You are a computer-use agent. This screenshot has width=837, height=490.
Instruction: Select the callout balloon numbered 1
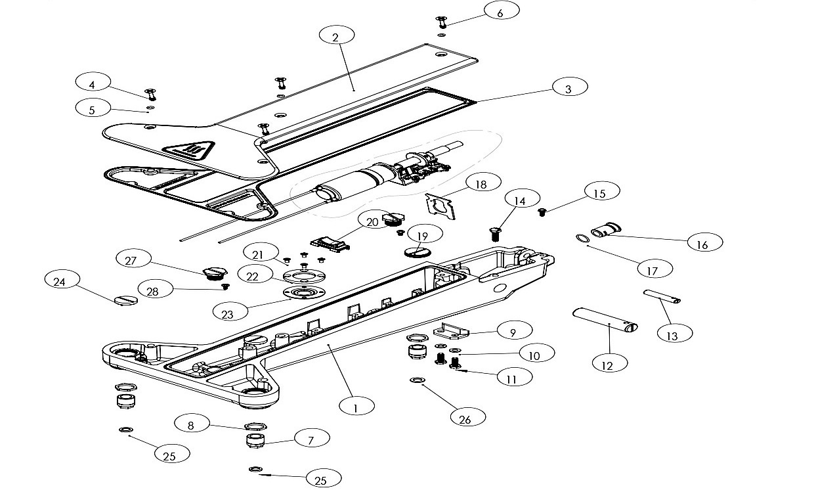[x=356, y=407]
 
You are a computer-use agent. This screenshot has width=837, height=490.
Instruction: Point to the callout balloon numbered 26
[x=467, y=418]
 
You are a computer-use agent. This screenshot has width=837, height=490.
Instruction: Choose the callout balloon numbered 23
[x=230, y=313]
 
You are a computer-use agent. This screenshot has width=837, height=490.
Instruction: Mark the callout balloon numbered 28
[x=156, y=290]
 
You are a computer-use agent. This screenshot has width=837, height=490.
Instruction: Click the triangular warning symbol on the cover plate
[x=188, y=151]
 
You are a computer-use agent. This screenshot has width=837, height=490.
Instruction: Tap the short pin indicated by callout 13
[x=662, y=296]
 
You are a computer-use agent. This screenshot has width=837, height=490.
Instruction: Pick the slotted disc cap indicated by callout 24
[x=125, y=300]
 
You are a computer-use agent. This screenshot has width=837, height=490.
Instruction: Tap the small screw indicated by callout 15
[x=542, y=212]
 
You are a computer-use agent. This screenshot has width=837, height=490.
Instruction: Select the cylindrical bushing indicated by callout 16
[x=606, y=229]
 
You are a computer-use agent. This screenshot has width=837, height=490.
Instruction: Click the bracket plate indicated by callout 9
[x=451, y=331]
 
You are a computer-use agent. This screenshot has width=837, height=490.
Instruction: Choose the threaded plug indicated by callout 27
[x=214, y=273]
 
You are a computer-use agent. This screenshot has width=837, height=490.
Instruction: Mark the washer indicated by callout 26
[x=418, y=380]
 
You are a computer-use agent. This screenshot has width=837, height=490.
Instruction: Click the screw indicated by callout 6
[x=442, y=22]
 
